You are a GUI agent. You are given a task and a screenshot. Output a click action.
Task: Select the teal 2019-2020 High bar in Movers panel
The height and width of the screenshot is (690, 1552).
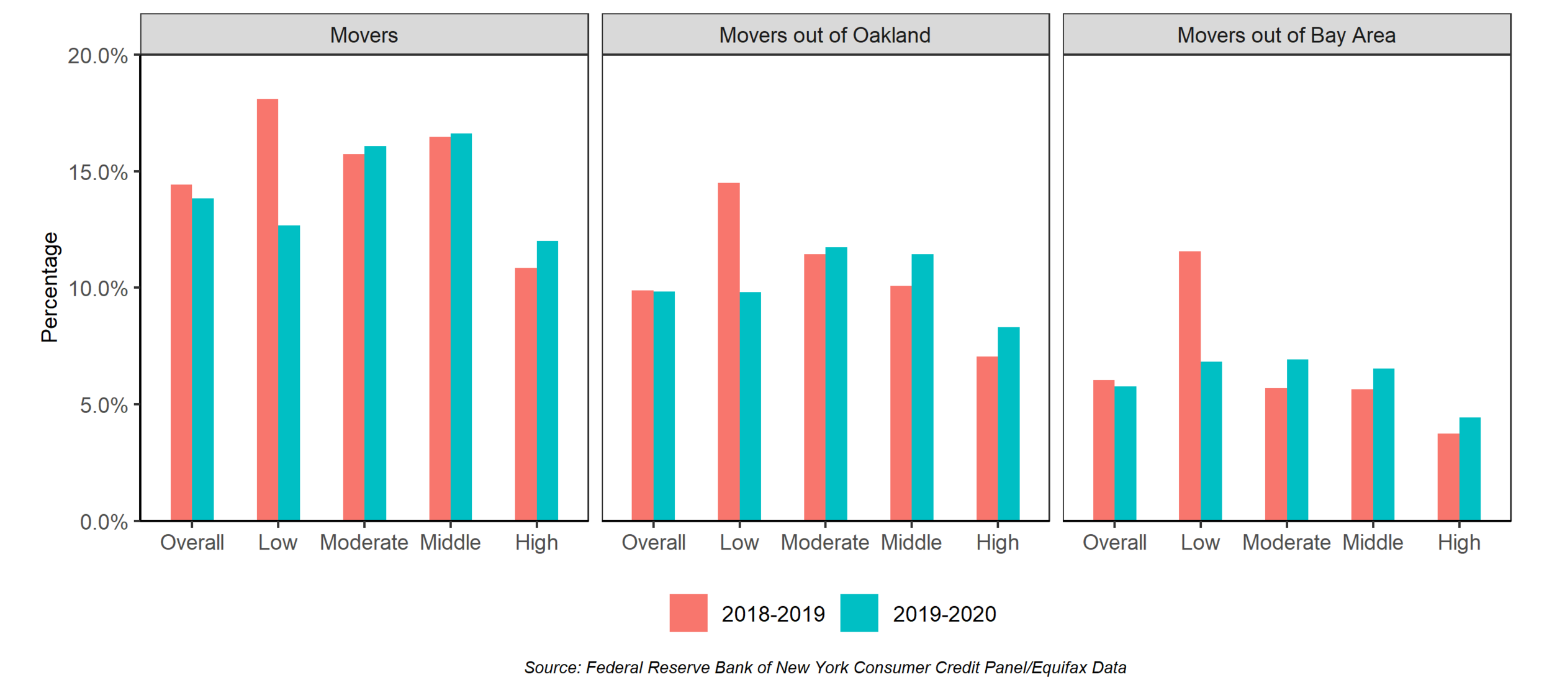(x=547, y=380)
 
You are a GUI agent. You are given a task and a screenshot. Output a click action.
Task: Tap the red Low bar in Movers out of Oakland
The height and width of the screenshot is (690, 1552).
(x=728, y=352)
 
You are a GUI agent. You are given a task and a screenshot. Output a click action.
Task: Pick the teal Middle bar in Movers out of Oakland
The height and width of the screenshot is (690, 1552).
(x=922, y=387)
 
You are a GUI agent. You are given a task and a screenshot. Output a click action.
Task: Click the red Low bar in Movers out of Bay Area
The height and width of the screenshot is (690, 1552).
(x=1189, y=386)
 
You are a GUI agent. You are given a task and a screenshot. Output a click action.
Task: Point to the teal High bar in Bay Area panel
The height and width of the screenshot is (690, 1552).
(x=1469, y=469)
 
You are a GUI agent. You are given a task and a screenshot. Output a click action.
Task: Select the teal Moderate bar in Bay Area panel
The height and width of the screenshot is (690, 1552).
(x=1297, y=440)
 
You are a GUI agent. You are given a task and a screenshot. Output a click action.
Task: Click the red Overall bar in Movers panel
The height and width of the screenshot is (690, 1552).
(x=181, y=352)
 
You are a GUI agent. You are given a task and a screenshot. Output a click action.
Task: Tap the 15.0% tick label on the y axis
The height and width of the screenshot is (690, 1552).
(x=98, y=173)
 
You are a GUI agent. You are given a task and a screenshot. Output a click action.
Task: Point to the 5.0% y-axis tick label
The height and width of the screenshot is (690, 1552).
(x=104, y=406)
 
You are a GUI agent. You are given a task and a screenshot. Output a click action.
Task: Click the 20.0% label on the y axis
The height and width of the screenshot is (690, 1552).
(x=97, y=56)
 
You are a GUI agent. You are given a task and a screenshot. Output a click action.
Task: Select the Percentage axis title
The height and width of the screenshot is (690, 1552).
(x=50, y=287)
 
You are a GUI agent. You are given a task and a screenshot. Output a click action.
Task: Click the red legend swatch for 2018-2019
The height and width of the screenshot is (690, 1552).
(x=688, y=613)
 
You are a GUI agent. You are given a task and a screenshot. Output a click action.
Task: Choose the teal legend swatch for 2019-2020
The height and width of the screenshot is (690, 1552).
(x=859, y=613)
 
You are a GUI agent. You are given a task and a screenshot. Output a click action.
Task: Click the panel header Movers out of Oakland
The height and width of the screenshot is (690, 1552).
(x=824, y=35)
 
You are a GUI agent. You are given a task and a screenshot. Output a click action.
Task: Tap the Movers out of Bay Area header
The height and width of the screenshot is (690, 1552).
(x=1286, y=35)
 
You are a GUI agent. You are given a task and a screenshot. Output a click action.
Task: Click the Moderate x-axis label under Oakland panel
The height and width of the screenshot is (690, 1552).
(x=824, y=543)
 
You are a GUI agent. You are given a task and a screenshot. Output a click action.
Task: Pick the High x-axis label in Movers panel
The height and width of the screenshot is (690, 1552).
(x=536, y=543)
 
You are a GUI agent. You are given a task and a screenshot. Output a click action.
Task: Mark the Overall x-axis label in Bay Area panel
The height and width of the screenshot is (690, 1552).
(x=1114, y=543)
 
